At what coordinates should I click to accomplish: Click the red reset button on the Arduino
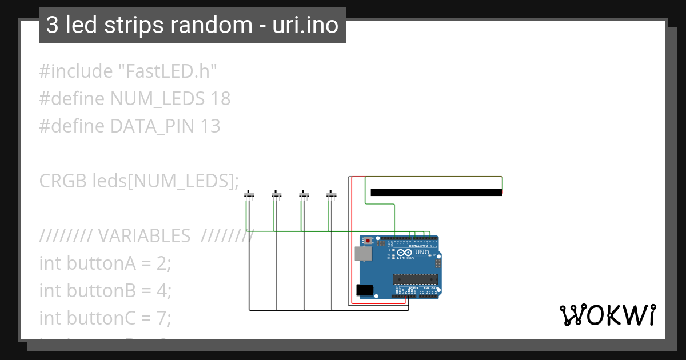tap(372, 241)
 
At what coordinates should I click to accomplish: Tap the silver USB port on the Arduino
tap(362, 254)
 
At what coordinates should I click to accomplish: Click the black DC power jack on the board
tap(364, 290)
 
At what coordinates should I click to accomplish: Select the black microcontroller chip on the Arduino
tap(415, 279)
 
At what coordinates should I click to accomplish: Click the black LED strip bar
tap(436, 192)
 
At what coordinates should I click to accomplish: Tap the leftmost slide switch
tap(249, 195)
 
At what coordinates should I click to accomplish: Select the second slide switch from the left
tap(277, 195)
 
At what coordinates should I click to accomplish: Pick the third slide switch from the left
tap(304, 195)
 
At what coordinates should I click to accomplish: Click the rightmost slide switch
tap(332, 195)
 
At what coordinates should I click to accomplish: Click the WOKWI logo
tap(607, 315)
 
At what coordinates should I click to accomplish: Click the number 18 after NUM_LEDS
tap(220, 99)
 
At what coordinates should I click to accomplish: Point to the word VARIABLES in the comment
tap(145, 235)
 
